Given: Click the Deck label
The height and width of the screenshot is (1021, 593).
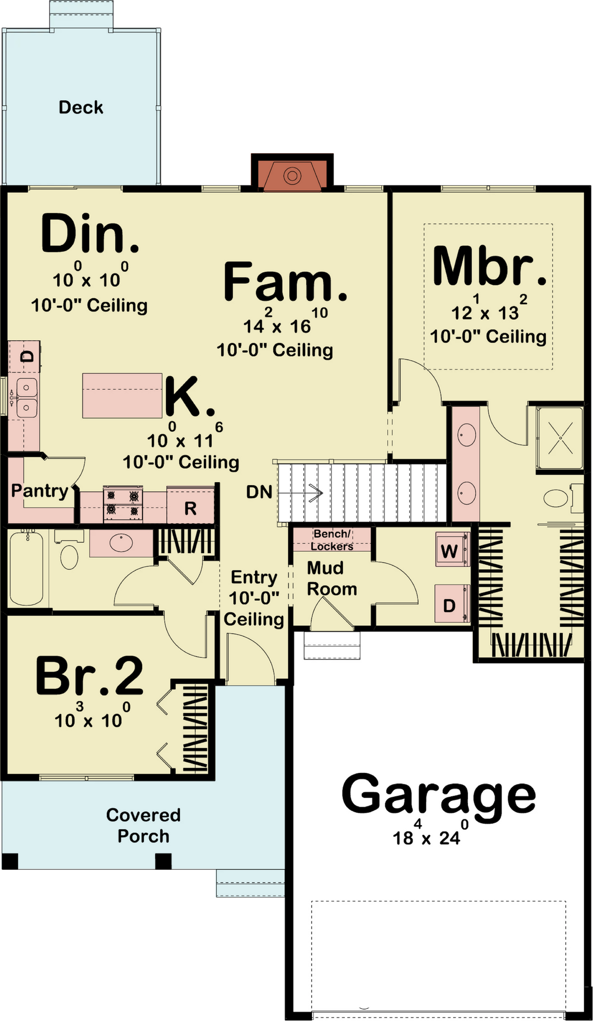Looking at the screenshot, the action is pos(81,107).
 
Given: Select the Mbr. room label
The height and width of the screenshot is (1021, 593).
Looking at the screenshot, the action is pos(490,266).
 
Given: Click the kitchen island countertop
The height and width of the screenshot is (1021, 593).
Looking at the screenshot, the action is pos(123,396).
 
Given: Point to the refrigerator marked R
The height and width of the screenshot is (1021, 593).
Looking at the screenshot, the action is pos(190,505).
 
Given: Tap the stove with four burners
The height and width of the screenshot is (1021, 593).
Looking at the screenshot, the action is pos(123,504).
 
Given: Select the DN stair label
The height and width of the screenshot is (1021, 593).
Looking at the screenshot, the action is pos(259,492).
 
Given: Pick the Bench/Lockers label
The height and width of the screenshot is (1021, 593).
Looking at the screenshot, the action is pos(332,540).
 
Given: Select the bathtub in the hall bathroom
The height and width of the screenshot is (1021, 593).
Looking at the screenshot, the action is pos(26,568).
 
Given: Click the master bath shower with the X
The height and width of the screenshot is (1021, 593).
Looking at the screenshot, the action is pos(560,438).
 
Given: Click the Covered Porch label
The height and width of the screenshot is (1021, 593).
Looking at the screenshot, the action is pos(143,825).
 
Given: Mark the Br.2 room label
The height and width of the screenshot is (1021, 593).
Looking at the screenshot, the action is pos(89,675).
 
